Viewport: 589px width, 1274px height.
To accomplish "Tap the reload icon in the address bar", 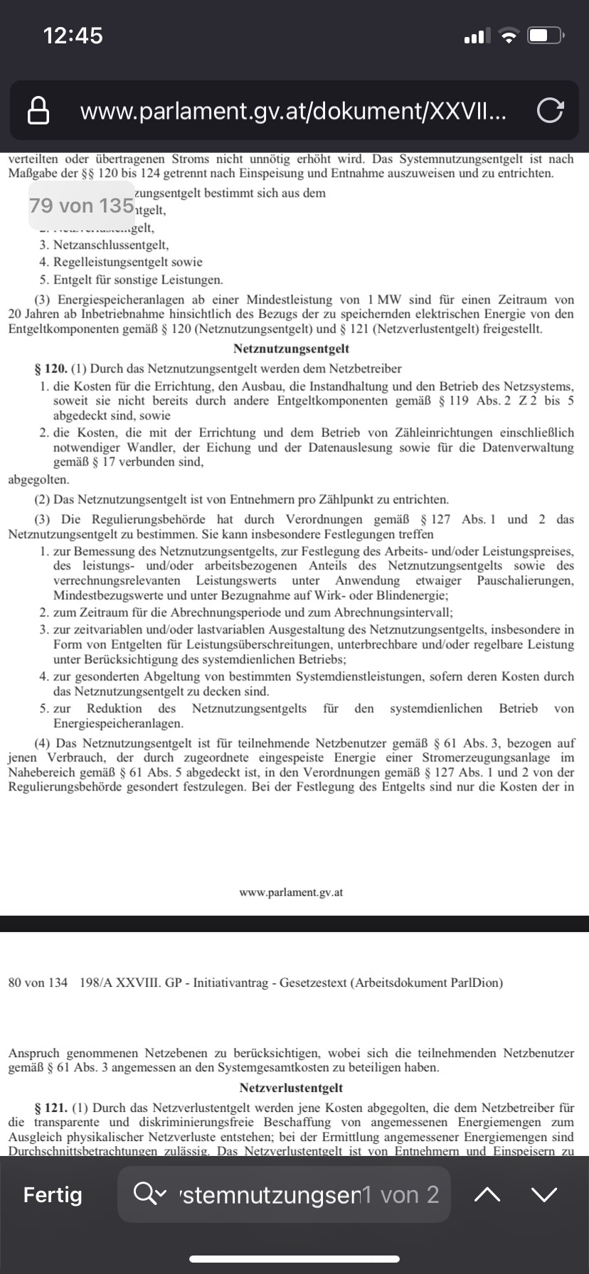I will click(x=550, y=110).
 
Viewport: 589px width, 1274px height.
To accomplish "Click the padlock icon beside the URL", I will click(x=38, y=110).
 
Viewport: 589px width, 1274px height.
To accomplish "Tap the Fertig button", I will click(x=53, y=1195).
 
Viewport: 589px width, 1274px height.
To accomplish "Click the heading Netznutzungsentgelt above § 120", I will click(x=291, y=348).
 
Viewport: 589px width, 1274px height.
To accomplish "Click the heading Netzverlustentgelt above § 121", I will click(x=291, y=1088).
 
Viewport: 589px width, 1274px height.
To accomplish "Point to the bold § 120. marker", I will click(x=51, y=368).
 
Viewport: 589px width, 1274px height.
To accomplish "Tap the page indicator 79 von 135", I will click(x=82, y=205).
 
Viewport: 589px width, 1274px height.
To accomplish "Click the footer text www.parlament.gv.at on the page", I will click(x=291, y=892).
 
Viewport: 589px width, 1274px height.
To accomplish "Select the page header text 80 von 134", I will click(x=38, y=983).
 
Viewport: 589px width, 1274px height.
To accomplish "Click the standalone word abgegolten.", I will click(x=38, y=479).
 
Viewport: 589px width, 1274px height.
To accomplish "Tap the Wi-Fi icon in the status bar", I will click(x=509, y=36).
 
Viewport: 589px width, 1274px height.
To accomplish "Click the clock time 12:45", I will click(x=73, y=36).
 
